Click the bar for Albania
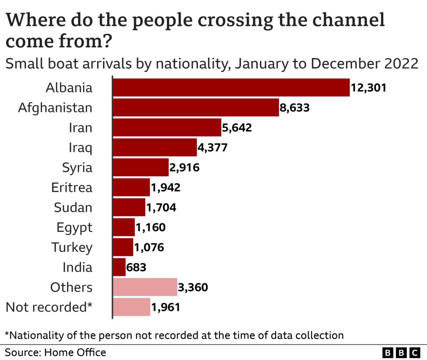231,87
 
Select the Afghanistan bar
196,108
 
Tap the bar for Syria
140,168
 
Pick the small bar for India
119,267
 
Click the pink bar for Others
145,287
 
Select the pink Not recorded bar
131,307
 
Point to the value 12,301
368,88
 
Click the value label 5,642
237,128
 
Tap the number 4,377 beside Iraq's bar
213,148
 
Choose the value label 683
136,267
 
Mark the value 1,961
165,308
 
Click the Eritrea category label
72,188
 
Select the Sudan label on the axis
73,207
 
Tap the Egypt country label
74,227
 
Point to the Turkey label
72,248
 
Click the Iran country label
80,128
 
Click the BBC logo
400,353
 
